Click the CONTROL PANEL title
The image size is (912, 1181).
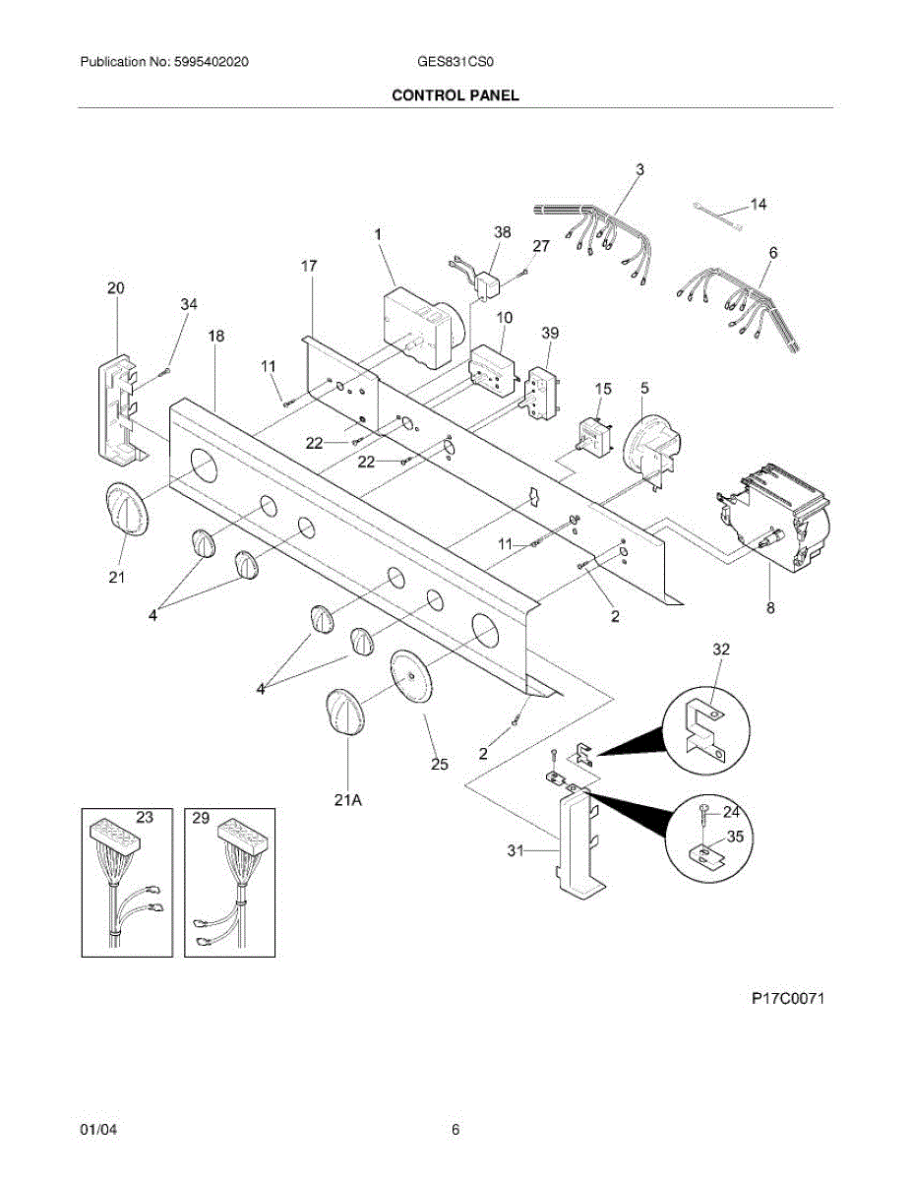pos(455,95)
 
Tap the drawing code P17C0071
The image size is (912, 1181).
pos(788,999)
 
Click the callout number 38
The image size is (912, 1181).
pos(502,232)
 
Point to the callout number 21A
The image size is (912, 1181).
pos(347,800)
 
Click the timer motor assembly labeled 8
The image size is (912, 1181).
pos(777,519)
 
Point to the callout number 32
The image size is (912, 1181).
pos(721,649)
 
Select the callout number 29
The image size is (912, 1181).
pos(201,817)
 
